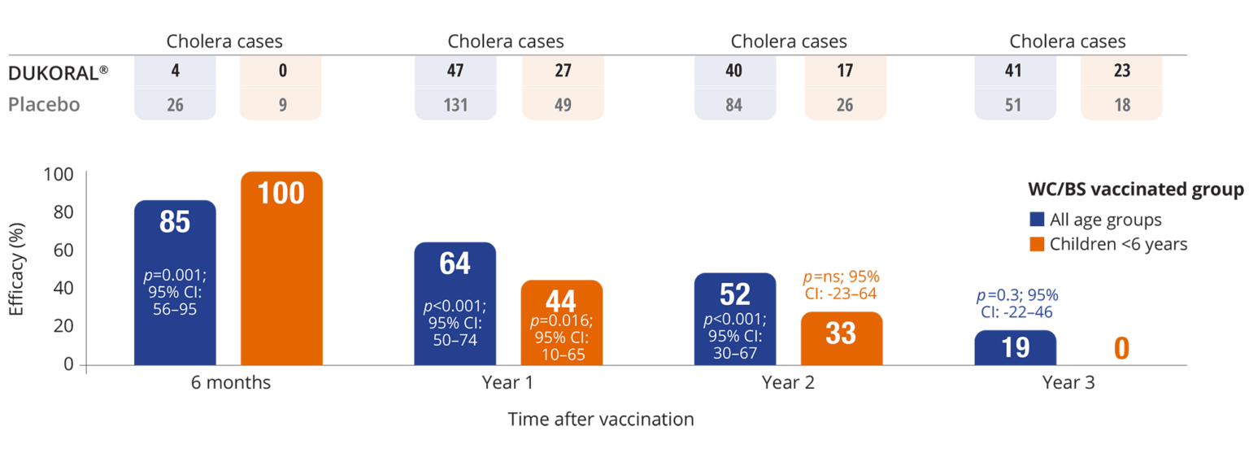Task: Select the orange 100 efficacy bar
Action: coord(282,268)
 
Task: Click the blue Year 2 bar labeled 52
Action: coord(735,318)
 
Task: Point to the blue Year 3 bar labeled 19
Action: coord(1015,347)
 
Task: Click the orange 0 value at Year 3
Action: coord(1121,348)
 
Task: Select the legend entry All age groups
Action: coord(1095,220)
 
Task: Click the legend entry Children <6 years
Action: coord(1106,244)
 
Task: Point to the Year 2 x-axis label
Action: coord(788,382)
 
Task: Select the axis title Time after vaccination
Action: coord(601,420)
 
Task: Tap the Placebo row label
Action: coord(44,104)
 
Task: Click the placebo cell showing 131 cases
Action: coord(455,104)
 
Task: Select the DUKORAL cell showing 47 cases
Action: coord(455,71)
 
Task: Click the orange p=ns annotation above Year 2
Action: coord(841,285)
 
